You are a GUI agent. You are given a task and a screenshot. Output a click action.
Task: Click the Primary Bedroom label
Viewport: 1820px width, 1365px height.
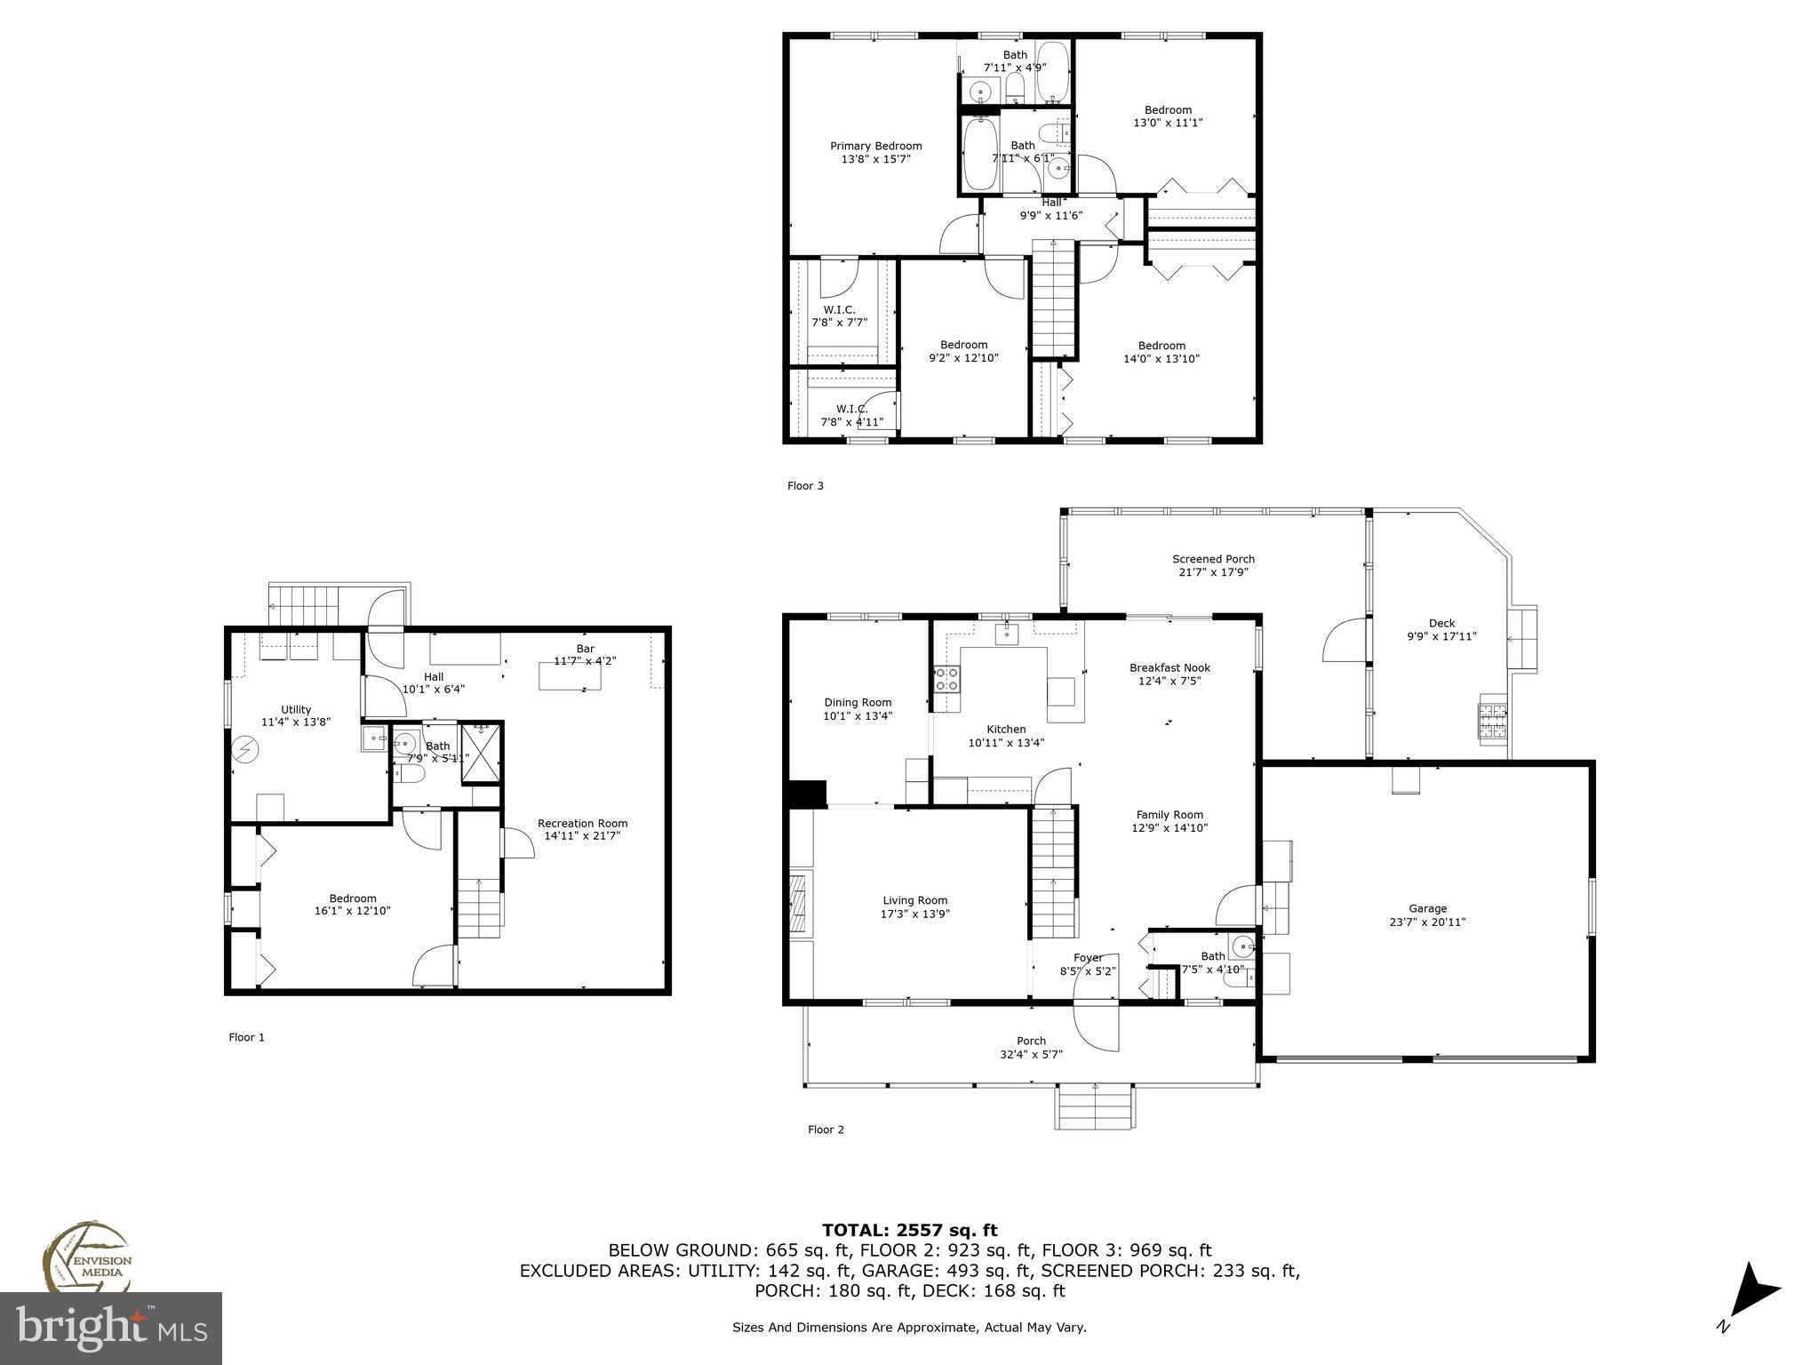875,147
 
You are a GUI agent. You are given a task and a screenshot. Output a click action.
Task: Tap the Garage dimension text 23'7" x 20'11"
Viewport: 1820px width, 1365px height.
1427,922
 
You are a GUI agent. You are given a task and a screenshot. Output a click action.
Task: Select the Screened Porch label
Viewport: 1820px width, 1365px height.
1213,559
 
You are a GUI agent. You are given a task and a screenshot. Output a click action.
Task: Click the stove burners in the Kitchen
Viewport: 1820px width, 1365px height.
946,680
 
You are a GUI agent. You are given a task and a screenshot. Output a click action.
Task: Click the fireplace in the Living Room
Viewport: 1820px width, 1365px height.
800,905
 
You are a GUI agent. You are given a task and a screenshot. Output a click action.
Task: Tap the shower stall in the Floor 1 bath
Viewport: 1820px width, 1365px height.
481,754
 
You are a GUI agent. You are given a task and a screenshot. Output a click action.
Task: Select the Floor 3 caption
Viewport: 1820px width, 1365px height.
805,486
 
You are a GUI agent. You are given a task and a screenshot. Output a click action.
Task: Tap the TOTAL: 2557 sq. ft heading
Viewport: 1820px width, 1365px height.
909,1231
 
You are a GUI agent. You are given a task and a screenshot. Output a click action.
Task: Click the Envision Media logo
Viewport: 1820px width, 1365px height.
86,1258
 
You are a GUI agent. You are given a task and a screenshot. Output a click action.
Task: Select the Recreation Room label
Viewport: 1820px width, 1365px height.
582,823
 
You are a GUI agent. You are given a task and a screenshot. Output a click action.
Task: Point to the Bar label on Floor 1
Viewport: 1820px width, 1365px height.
585,649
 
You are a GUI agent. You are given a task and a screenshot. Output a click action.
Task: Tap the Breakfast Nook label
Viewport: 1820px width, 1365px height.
1169,667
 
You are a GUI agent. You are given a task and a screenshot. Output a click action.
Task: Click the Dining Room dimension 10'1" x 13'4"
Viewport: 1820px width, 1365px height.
858,715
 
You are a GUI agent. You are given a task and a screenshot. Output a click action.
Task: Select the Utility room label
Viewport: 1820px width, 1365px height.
296,709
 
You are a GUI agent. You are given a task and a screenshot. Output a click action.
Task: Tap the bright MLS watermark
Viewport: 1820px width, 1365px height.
111,1329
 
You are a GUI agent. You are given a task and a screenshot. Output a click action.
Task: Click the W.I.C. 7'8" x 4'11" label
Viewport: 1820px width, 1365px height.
850,416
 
